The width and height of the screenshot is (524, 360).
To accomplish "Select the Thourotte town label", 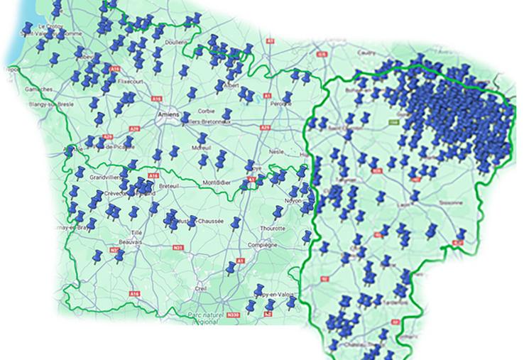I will click(273, 229).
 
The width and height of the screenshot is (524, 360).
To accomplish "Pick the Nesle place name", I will click(278, 151).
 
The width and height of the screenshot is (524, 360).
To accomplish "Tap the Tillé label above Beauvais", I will click(134, 232).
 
